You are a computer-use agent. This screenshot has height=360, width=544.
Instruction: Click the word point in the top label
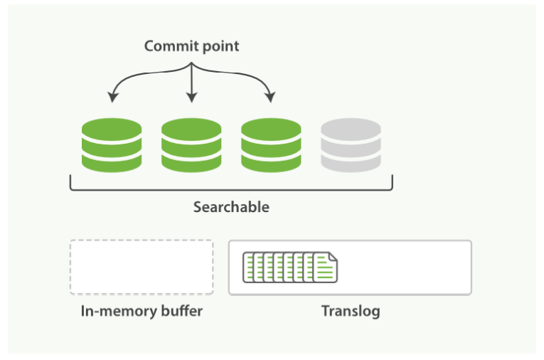pyautogui.click(x=219, y=47)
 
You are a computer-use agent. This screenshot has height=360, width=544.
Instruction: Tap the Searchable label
pyautogui.click(x=231, y=208)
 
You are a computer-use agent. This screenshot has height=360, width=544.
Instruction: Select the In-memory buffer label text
pyautogui.click(x=142, y=312)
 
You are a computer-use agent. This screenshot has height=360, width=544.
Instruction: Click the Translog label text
pyautogui.click(x=350, y=312)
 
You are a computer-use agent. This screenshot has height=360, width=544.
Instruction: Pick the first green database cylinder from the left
pyautogui.click(x=112, y=145)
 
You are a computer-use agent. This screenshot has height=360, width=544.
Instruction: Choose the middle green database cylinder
pyautogui.click(x=191, y=145)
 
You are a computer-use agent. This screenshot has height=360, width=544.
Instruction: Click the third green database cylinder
pyautogui.click(x=271, y=145)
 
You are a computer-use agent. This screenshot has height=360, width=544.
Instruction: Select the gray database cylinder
pyautogui.click(x=351, y=145)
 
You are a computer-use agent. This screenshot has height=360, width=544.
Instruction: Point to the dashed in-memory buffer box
pyautogui.click(x=142, y=268)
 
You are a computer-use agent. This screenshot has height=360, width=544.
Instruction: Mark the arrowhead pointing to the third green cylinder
pyautogui.click(x=271, y=97)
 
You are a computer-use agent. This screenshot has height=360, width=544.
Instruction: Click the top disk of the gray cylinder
pyautogui.click(x=351, y=129)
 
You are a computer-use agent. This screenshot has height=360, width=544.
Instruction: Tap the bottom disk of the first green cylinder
pyautogui.click(x=112, y=162)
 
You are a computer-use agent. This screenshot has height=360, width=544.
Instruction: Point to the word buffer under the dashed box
pyautogui.click(x=183, y=312)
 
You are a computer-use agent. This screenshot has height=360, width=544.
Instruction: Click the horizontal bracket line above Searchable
pyautogui.click(x=231, y=190)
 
